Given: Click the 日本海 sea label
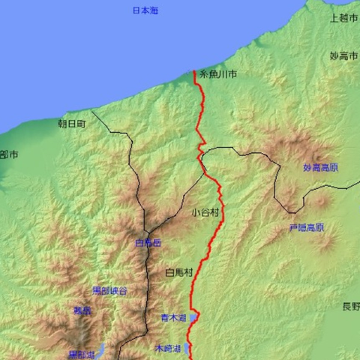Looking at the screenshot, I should click(x=145, y=10).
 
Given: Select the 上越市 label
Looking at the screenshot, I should click(x=343, y=18).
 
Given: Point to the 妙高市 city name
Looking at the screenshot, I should click(x=343, y=56).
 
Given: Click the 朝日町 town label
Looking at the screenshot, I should click(x=72, y=122).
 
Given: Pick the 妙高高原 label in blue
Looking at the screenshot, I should click(x=320, y=167).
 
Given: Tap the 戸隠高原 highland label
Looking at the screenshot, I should click(x=306, y=227).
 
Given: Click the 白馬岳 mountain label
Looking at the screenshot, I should click(x=148, y=243).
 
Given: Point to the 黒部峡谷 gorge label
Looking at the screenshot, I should click(x=109, y=290).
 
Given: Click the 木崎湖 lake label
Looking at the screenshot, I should click(x=168, y=349).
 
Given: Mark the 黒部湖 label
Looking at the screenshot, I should click(x=81, y=355).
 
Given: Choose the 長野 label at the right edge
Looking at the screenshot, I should click(x=350, y=306).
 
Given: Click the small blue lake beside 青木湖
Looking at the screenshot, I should click(x=193, y=318).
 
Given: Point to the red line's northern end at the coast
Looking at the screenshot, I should click(x=195, y=72).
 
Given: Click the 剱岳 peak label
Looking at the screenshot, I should click(x=82, y=310).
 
